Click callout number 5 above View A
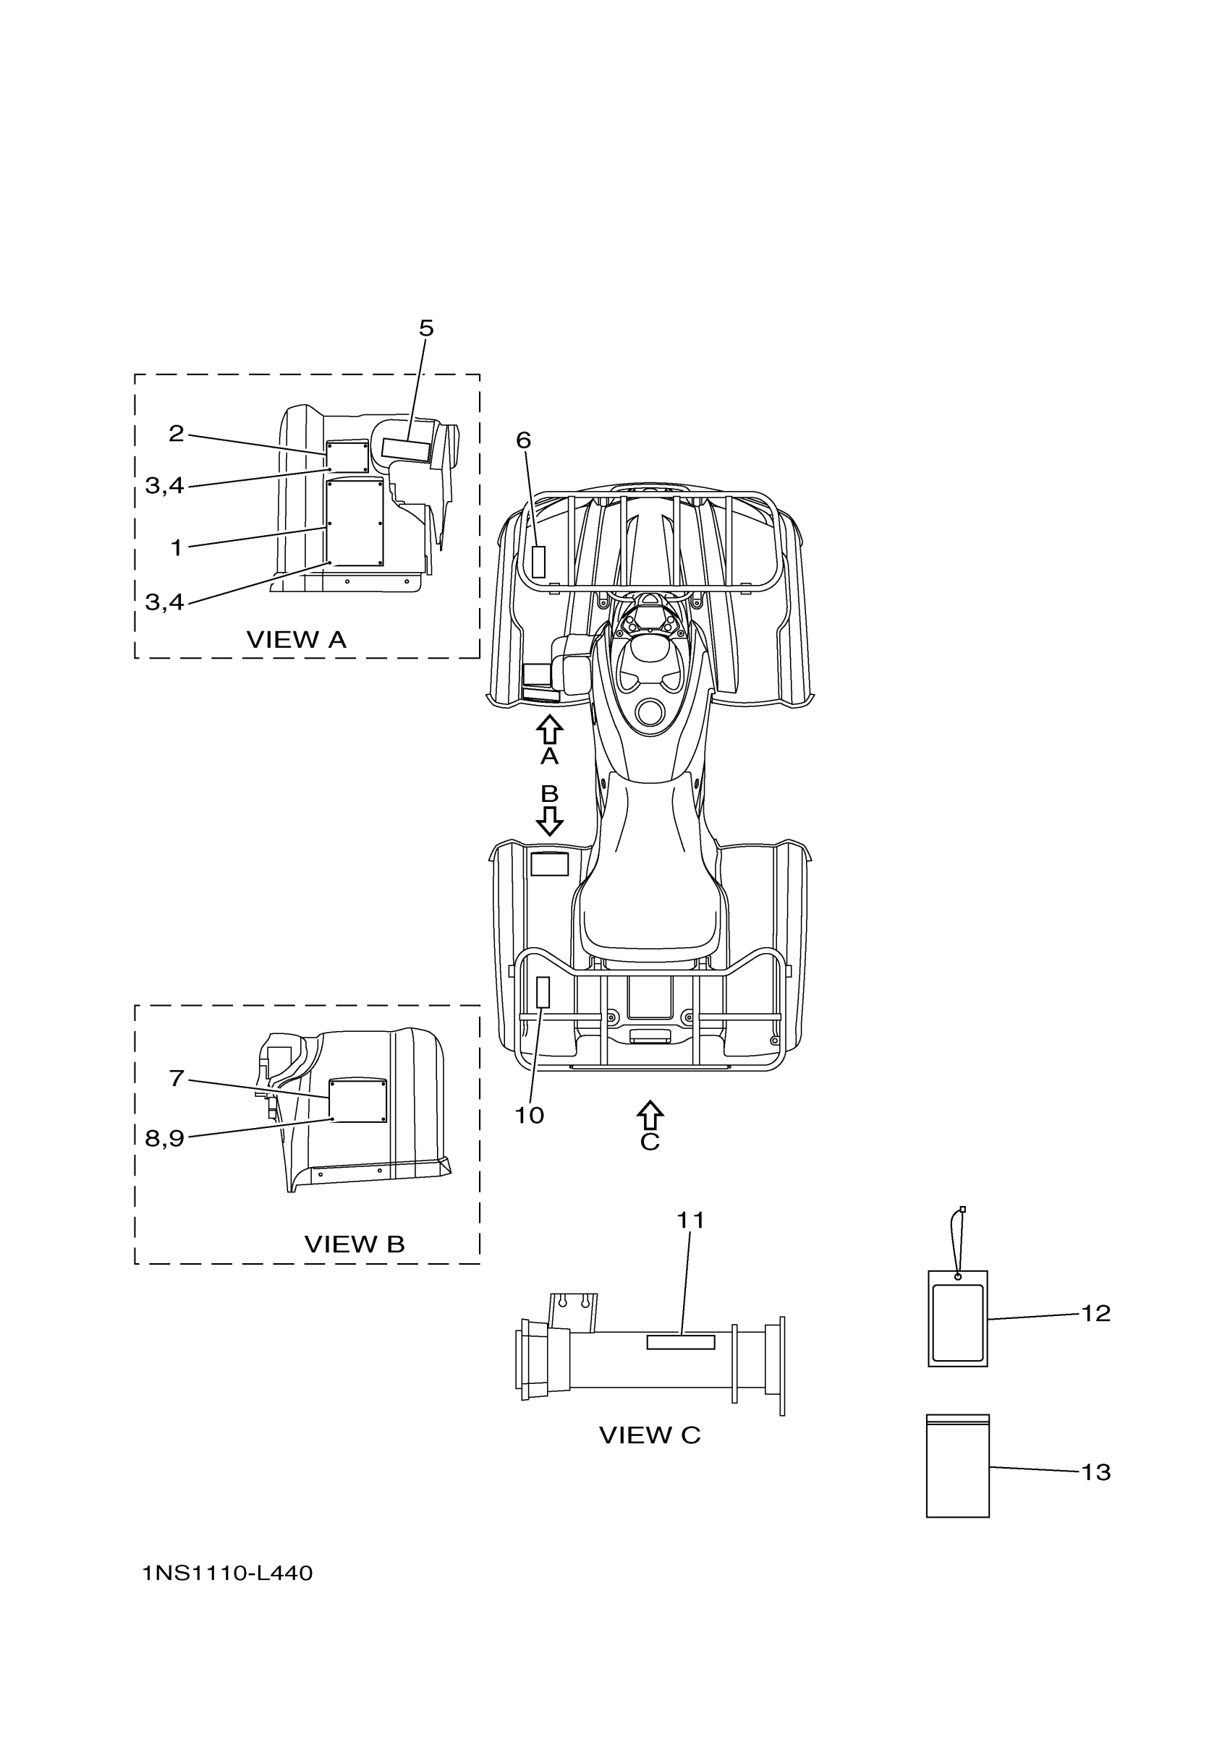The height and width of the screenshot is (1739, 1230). (x=426, y=328)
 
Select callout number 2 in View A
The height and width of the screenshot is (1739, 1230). (x=176, y=433)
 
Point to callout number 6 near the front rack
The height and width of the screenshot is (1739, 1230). (x=524, y=440)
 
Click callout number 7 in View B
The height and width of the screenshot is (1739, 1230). (x=176, y=1078)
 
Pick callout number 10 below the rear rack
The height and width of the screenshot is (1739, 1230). (x=529, y=1115)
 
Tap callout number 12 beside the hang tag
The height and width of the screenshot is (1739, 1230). (x=1096, y=1313)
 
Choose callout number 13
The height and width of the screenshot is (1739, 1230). (x=1096, y=1472)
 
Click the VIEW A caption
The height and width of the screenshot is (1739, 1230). (x=297, y=640)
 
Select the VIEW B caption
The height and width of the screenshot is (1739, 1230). (x=354, y=1244)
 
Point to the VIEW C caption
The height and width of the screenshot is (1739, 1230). (x=650, y=1435)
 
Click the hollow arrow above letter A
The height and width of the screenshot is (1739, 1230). (x=549, y=730)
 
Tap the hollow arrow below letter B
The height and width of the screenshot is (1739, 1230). (x=549, y=820)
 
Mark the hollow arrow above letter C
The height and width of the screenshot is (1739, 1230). (x=650, y=1116)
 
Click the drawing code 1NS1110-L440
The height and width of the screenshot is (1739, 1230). (x=227, y=1574)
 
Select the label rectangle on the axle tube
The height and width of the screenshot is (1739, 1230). (x=681, y=1342)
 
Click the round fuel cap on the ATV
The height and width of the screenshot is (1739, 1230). (x=651, y=712)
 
